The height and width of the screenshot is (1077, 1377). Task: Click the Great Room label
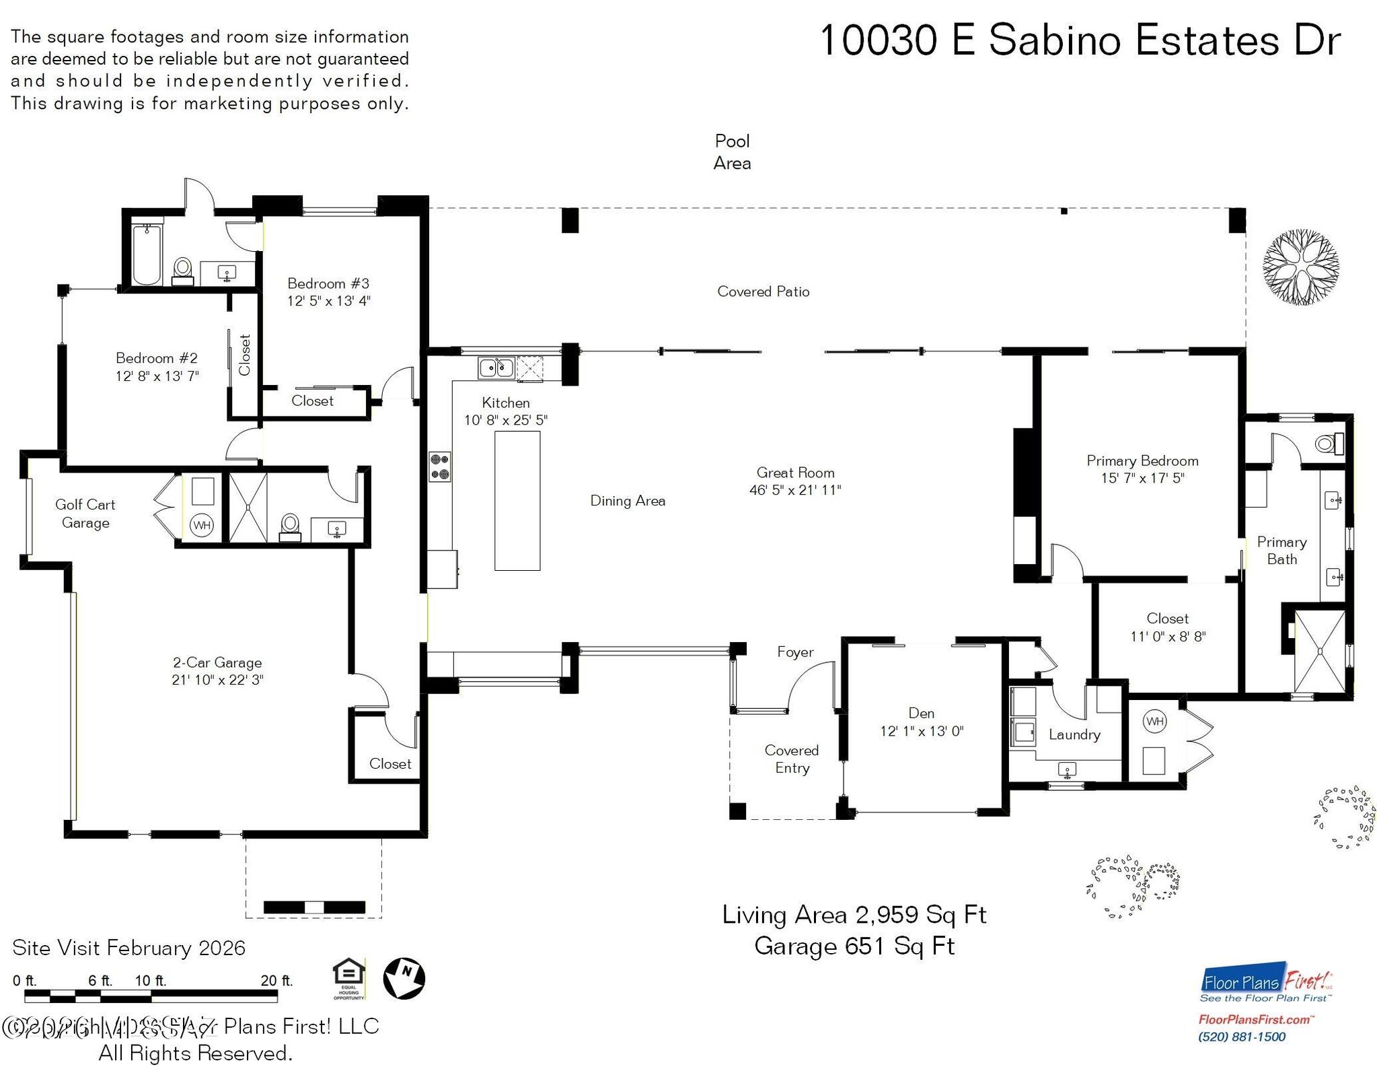tap(795, 473)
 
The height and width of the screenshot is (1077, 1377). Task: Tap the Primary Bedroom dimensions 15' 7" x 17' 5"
tap(1142, 479)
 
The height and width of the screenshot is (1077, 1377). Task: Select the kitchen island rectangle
tap(517, 501)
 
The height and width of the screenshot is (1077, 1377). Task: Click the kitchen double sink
tap(496, 368)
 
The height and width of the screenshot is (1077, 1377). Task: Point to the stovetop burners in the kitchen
tap(440, 466)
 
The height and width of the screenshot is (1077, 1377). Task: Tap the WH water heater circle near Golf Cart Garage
tap(202, 525)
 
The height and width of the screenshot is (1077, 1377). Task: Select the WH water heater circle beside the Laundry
tap(1154, 722)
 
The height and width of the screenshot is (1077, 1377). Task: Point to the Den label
tap(921, 713)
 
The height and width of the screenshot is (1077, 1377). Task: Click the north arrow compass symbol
tap(404, 979)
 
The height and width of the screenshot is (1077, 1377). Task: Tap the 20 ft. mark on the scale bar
tap(276, 981)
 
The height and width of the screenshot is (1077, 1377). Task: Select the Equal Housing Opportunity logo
tap(349, 977)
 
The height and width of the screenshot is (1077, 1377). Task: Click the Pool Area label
tap(732, 152)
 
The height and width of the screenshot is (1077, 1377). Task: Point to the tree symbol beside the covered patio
tap(1300, 267)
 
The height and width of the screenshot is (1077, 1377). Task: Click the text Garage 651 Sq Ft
tap(854, 946)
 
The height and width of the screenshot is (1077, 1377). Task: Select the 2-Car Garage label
tap(217, 662)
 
